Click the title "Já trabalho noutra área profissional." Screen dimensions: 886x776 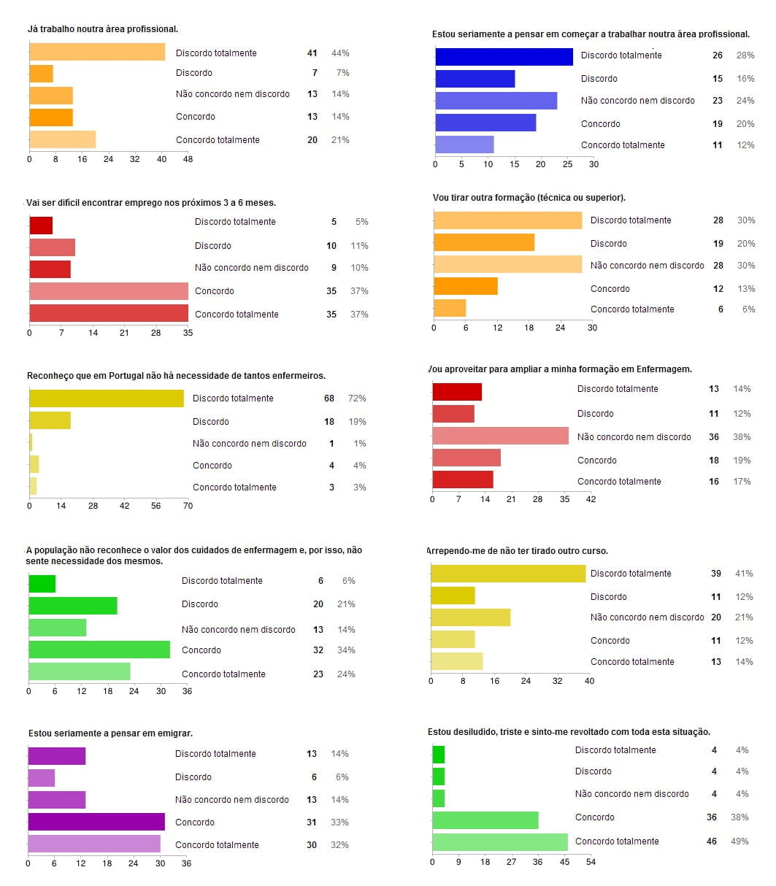pyautogui.click(x=103, y=29)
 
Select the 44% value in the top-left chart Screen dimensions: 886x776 pyautogui.click(x=340, y=53)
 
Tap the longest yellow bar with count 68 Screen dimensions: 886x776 pyautogui.click(x=107, y=398)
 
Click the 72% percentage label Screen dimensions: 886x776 pyautogui.click(x=357, y=398)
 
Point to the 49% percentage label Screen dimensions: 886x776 pyautogui.click(x=739, y=841)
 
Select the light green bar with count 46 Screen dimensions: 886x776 pyautogui.click(x=500, y=841)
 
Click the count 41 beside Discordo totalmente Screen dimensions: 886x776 pyautogui.click(x=312, y=53)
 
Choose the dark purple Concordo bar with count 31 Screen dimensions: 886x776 pyautogui.click(x=96, y=822)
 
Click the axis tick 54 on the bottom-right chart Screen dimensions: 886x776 pyautogui.click(x=591, y=862)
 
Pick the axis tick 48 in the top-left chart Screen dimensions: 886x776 pyautogui.click(x=188, y=158)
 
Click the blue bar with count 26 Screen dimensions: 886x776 pyautogui.click(x=504, y=56)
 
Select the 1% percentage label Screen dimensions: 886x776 pyautogui.click(x=359, y=444)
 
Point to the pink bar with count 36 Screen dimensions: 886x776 pyautogui.click(x=500, y=436)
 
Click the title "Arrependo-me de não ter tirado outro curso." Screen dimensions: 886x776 pyautogui.click(x=518, y=550)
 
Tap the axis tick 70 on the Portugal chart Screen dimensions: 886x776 pyautogui.click(x=188, y=505)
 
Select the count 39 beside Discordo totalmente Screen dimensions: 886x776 pyautogui.click(x=716, y=574)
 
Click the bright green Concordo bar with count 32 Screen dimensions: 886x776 pyautogui.click(x=99, y=650)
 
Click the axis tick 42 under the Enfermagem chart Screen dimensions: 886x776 pyautogui.click(x=591, y=499)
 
